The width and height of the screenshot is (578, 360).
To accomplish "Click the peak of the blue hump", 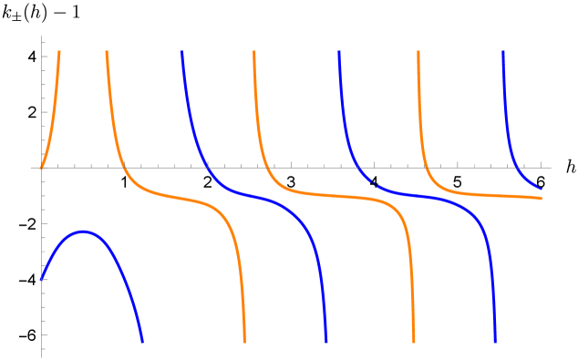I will [84, 231].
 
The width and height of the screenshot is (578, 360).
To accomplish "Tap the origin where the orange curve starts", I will [42, 168].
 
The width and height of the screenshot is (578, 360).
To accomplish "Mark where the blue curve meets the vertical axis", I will [42, 280].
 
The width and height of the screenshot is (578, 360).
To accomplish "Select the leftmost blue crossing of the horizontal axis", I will [208, 168].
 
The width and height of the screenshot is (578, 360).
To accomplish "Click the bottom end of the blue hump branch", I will [142, 342].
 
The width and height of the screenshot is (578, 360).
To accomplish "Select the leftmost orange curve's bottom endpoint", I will [244, 342].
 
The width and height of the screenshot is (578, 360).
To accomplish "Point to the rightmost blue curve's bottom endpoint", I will [495, 342].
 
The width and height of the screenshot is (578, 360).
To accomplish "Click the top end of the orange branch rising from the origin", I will [59, 52].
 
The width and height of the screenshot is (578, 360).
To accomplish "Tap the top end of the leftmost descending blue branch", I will [181, 52].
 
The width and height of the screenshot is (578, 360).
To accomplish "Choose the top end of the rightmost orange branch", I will [418, 52].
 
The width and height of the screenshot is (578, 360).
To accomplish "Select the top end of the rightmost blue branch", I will [503, 52].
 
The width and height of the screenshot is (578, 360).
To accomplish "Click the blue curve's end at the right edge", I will [542, 189].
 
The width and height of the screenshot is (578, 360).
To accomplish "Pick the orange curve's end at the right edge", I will [542, 198].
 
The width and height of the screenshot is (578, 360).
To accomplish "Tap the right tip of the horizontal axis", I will [551, 168].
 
